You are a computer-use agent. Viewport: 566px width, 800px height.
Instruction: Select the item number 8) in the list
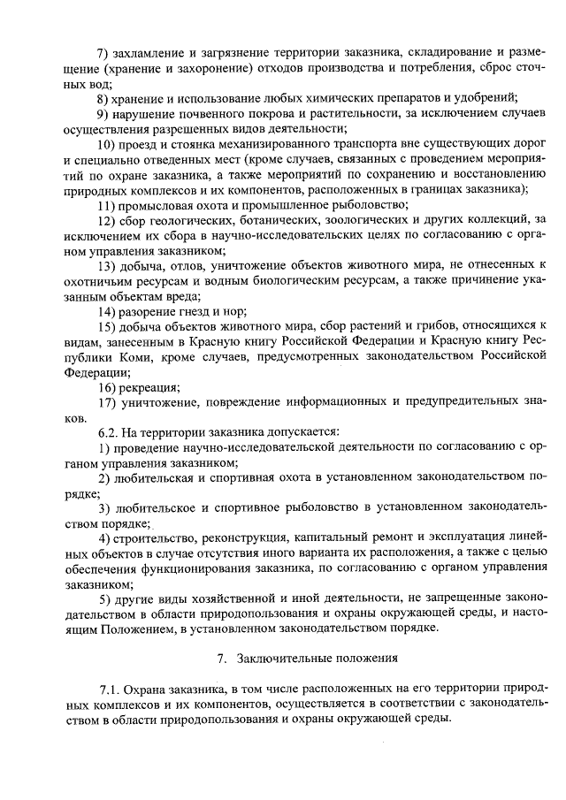pos(103,97)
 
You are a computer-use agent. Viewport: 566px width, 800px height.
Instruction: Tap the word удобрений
pos(487,97)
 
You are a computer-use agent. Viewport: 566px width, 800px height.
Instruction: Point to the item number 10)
pos(106,143)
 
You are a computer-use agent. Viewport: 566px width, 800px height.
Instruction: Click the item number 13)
pos(106,265)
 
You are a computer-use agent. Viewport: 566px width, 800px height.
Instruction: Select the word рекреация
pos(151,387)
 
